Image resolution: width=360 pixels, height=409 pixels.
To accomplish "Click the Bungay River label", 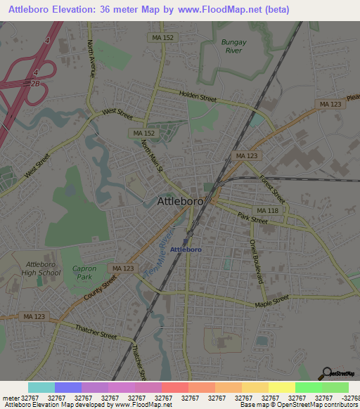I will pos(234,46).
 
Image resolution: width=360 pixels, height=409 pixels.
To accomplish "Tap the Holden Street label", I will pos(198,98).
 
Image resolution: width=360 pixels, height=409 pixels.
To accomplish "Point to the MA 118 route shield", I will pos(267,211).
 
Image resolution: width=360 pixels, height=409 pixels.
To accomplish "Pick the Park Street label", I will pos(252,219).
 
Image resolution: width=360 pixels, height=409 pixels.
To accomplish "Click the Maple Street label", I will pos(271,301).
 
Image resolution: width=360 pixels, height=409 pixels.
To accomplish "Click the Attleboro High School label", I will pos(43,268).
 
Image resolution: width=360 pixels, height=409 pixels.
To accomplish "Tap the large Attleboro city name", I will pos(179,200).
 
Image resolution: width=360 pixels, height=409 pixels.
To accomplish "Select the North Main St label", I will pos(152,156).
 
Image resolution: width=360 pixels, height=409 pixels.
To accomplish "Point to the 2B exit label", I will pos(34,83).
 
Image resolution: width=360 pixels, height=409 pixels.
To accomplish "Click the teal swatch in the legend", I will pos(41,387).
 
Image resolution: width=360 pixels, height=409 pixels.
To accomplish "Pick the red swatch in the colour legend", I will pos(174,387).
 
